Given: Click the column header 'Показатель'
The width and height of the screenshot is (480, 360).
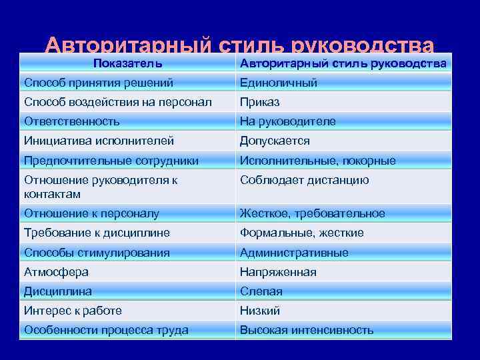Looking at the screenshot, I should [x=127, y=63].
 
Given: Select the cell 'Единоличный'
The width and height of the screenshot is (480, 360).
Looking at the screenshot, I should [x=279, y=83].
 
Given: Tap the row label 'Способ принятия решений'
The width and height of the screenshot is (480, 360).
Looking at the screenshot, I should [x=99, y=83].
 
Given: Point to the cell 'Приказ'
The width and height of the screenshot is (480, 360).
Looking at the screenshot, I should [x=260, y=102].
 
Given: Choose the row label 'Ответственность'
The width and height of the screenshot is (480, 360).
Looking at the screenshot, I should [x=72, y=121].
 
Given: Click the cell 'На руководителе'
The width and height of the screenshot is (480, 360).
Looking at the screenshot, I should [x=288, y=121].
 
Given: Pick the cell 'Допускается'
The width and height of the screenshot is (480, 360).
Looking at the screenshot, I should [x=275, y=141].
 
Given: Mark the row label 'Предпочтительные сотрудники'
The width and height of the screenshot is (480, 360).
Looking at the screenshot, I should [x=111, y=161].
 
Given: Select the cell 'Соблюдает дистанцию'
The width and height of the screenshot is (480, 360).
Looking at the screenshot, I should [x=305, y=180].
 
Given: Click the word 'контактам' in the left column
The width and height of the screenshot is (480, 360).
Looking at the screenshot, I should [x=52, y=194].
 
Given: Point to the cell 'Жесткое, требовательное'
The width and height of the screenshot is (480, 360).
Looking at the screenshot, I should [x=313, y=213].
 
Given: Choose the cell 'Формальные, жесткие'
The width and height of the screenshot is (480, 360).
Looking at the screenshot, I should [x=302, y=233].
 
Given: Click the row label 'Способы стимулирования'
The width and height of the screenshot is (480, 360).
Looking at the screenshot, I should [x=97, y=253].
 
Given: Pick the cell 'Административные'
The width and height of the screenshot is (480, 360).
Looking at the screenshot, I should [x=294, y=253].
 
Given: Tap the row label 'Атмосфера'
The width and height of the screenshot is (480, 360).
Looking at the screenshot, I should [x=56, y=272].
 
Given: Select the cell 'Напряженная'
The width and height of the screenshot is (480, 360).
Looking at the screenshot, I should [x=278, y=272].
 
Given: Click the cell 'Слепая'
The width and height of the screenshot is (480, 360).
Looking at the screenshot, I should [x=261, y=291].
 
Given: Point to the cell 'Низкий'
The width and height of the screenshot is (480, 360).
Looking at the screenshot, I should [x=260, y=311].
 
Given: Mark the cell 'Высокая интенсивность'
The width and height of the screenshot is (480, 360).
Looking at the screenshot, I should [x=307, y=330].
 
